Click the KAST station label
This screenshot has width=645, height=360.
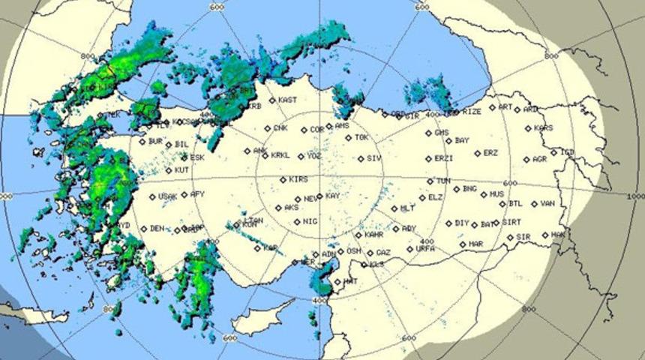287,100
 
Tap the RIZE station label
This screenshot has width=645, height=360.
472,112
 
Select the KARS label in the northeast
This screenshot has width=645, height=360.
544,128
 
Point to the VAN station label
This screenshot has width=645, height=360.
547,203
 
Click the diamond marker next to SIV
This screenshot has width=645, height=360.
360,159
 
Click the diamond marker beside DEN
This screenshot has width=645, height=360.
142,228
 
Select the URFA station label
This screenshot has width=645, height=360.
425,248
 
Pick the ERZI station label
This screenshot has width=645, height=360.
444,158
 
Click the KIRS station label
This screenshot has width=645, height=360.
298,180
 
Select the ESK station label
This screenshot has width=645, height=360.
197,157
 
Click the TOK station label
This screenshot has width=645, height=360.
362,137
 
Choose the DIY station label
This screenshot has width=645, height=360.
462,223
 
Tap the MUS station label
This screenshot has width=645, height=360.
496,194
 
